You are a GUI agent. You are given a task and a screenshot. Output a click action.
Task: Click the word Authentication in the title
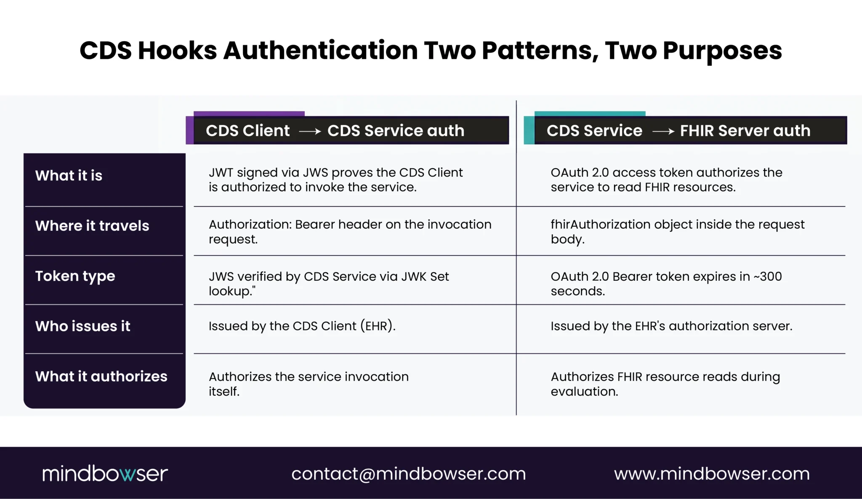(320, 51)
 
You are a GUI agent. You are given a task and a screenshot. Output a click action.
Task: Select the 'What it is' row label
(69, 175)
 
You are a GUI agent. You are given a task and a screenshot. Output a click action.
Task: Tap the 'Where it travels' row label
(92, 226)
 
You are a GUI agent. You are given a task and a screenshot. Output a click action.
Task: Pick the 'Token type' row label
(75, 277)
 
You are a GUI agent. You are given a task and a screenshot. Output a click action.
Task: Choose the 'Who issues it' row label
(83, 326)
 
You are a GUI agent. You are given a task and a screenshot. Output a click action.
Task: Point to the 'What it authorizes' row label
(101, 376)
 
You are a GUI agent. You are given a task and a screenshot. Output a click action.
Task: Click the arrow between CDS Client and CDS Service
(310, 132)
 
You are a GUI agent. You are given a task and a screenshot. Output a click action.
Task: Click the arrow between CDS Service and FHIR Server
(663, 132)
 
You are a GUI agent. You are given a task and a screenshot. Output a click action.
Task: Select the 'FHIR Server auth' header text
(745, 131)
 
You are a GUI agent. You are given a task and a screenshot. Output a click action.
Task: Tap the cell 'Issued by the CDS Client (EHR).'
(302, 326)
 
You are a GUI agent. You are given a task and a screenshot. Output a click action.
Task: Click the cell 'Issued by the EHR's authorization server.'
(672, 326)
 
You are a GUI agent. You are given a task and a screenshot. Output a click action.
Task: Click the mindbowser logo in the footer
(105, 473)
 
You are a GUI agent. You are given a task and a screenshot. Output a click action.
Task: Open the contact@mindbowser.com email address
(409, 474)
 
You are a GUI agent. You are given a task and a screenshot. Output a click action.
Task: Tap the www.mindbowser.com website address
(712, 474)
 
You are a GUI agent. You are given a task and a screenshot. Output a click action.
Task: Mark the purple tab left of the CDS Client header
(190, 130)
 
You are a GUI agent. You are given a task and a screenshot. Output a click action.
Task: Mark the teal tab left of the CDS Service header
(529, 130)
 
